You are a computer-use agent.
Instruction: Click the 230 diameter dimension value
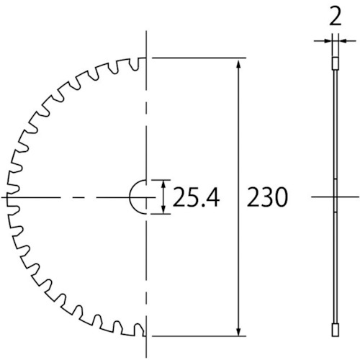267,197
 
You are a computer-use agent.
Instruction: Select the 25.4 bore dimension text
196,197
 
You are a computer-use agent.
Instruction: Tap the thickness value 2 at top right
336,17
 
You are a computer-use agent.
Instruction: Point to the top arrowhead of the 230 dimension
238,64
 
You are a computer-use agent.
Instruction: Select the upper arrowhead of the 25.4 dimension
163,185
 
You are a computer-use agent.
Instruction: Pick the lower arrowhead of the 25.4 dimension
163,209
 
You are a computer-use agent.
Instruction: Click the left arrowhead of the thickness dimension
328,41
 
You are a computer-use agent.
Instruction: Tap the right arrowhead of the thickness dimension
343,41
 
